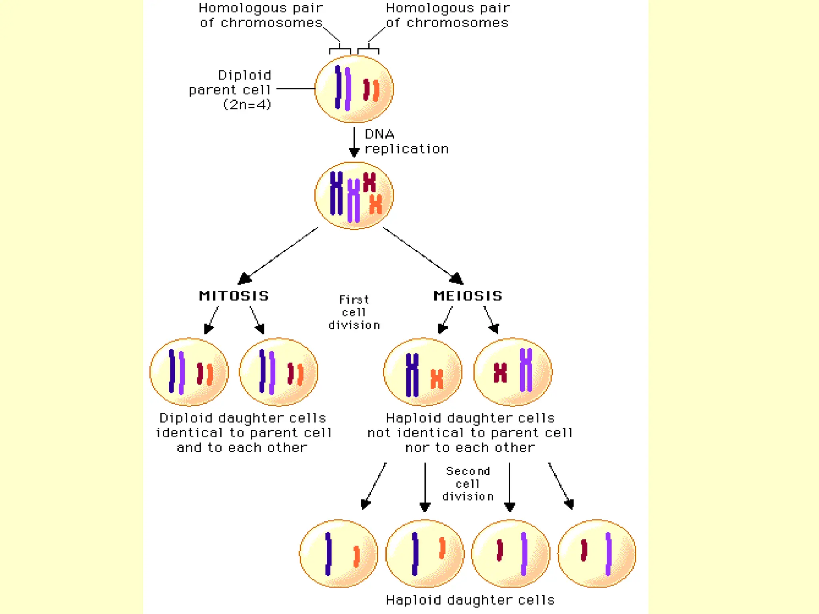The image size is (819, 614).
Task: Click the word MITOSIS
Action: point(234,296)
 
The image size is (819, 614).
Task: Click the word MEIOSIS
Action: point(468,296)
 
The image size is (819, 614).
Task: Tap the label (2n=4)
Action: point(247,105)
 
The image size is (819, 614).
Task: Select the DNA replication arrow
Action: point(354,142)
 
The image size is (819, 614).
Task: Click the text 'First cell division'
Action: point(354,312)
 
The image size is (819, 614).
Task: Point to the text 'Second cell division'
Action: point(468,484)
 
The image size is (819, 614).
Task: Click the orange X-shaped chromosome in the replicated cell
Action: point(376,204)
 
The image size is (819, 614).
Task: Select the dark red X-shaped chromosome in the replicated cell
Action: point(369,182)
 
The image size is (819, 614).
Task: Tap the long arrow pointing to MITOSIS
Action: point(280,255)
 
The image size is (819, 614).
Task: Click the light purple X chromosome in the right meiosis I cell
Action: point(526,370)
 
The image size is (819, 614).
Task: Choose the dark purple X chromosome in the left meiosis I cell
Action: point(412,375)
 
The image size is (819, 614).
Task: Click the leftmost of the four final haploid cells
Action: point(338,554)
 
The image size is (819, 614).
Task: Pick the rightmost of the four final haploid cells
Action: point(597,554)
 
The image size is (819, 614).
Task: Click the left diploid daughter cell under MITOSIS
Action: point(189,372)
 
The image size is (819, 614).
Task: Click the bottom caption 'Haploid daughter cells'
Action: point(470,600)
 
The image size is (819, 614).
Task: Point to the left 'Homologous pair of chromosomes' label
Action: point(261,15)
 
